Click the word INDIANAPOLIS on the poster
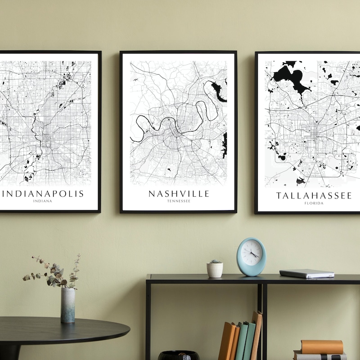pyautogui.click(x=44, y=193)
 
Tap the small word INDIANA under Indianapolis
pyautogui.click(x=43, y=201)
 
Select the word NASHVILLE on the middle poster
pyautogui.click(x=179, y=193)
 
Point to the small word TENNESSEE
pyautogui.click(x=179, y=201)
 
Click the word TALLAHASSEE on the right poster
pyautogui.click(x=314, y=195)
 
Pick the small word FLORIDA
pyautogui.click(x=314, y=203)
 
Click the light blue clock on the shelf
pyautogui.click(x=251, y=256)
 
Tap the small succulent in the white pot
pyautogui.click(x=215, y=261)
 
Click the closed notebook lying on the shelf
pyautogui.click(x=306, y=273)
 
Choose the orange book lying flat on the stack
pyautogui.click(x=322, y=346)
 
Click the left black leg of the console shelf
pyautogui.click(x=148, y=319)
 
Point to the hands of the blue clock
pyautogui.click(x=253, y=255)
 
